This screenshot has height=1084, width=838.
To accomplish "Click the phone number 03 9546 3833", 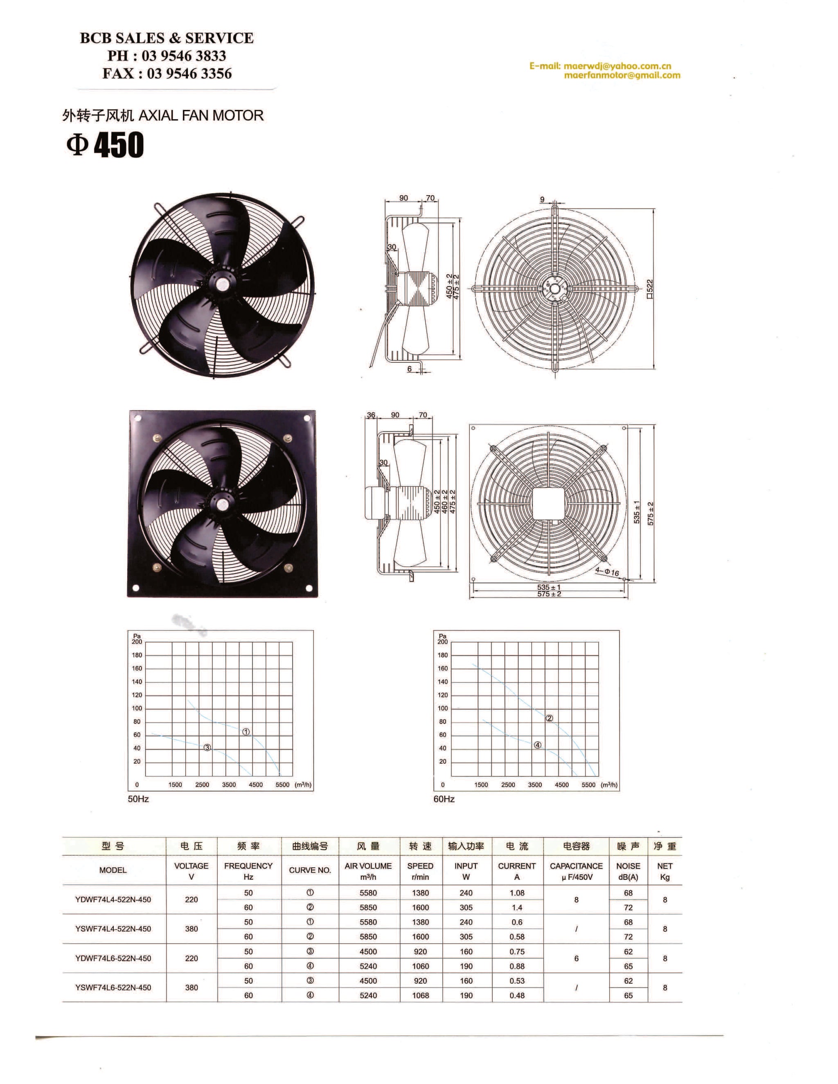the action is tap(184, 56).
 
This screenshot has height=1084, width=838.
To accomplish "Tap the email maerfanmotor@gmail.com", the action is tap(622, 75).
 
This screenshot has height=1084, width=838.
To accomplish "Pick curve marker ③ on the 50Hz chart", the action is tap(207, 747).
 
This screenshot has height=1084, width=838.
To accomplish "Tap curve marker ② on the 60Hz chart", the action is tap(549, 718).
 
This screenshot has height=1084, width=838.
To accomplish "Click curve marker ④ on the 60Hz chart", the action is tap(537, 744).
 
